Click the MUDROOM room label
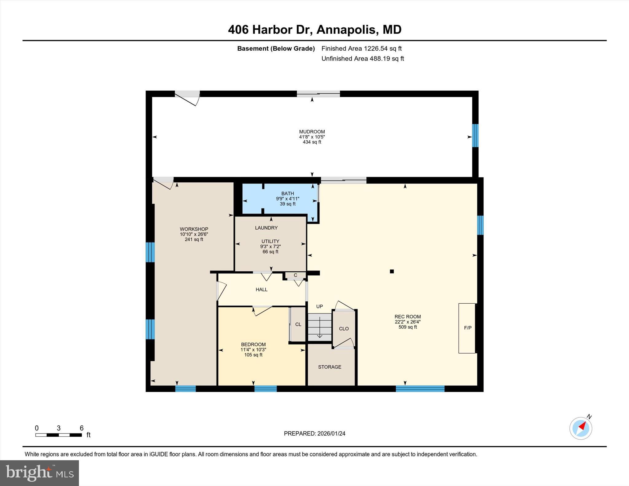click(312, 132)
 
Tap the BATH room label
click(287, 193)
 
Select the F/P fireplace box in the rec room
click(467, 328)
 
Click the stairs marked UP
click(320, 327)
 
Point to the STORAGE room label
click(330, 367)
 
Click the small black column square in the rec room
click(392, 271)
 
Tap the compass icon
click(580, 428)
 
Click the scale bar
click(59, 435)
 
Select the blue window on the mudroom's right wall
click(475, 135)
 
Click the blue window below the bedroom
click(265, 389)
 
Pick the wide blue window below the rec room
click(420, 389)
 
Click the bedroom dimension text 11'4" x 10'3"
click(253, 350)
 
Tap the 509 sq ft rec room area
click(408, 327)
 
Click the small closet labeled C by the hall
click(295, 275)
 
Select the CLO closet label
click(344, 329)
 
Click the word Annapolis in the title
click(346, 30)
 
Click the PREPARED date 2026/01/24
click(331, 434)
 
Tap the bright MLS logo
click(39, 473)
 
